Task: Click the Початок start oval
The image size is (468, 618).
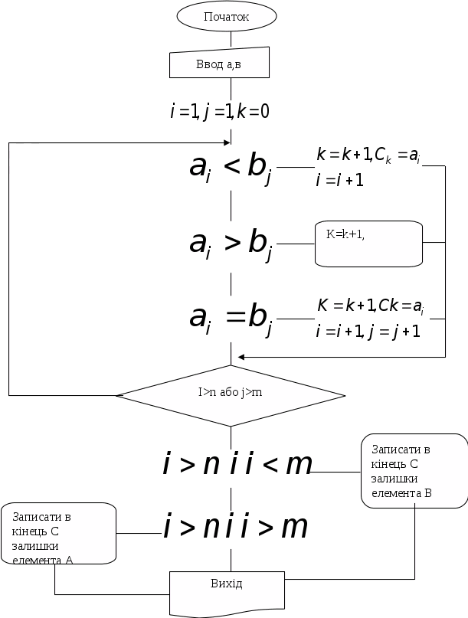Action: click(227, 16)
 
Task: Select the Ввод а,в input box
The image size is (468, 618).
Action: click(219, 64)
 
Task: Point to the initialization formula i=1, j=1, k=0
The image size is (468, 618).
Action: click(219, 111)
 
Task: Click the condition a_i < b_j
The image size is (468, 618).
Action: click(231, 168)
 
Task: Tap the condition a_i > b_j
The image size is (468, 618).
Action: click(231, 244)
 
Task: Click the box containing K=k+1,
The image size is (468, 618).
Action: click(368, 244)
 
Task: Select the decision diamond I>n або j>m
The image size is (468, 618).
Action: click(231, 395)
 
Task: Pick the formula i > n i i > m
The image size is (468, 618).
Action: click(235, 527)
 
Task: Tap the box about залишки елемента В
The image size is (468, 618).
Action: click(414, 471)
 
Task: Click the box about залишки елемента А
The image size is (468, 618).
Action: click(59, 535)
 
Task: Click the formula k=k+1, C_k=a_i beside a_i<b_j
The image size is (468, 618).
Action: click(368, 155)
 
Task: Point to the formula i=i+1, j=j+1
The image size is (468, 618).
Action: click(369, 332)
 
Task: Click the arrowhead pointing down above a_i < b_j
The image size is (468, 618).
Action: click(231, 141)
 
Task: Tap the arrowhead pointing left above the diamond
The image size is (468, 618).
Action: click(241, 357)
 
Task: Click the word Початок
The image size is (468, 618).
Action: click(227, 16)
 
